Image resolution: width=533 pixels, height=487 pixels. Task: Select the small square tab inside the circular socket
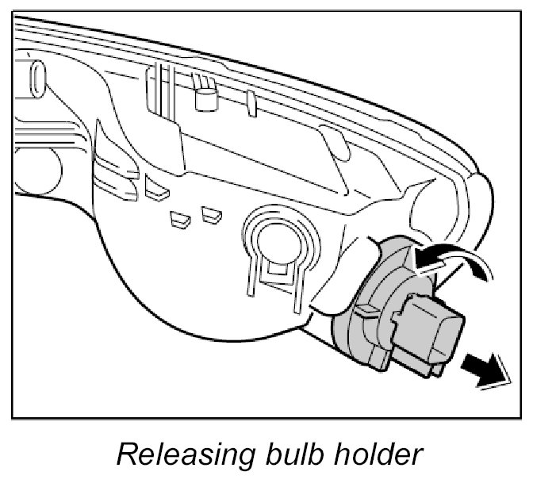275,268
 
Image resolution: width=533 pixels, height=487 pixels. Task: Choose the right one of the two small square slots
210,213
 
